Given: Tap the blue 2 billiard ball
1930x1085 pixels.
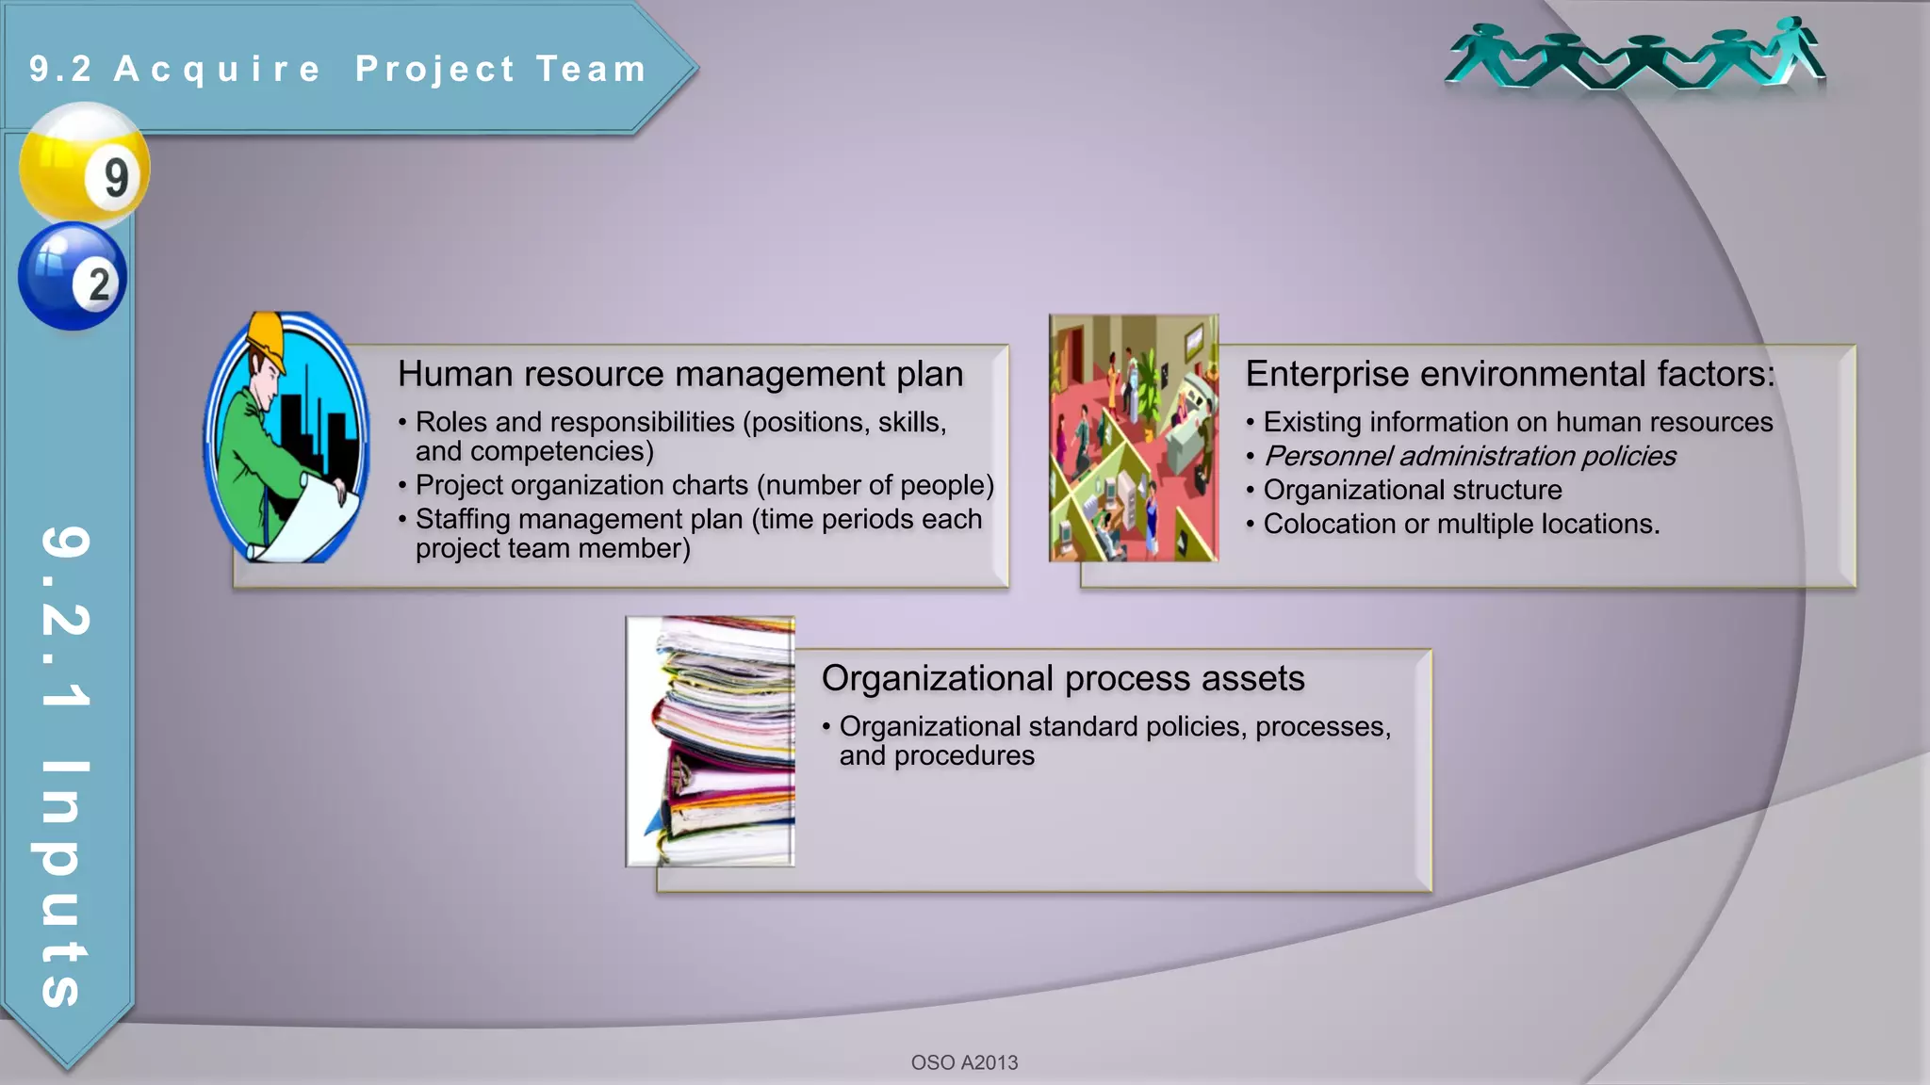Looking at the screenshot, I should (x=72, y=276).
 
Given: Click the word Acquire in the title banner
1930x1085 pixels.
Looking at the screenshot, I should (x=218, y=69).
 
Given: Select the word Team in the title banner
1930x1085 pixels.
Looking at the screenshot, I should (x=592, y=69).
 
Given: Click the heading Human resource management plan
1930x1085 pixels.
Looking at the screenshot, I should (x=679, y=374).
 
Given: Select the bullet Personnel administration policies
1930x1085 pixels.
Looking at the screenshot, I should (x=1469, y=456).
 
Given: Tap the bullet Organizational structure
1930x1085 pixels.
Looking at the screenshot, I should (x=1412, y=490).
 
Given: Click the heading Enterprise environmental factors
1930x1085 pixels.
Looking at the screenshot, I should (x=1509, y=374).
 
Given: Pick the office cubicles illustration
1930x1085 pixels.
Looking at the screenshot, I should (x=1134, y=438).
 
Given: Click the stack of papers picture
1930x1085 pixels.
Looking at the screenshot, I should (x=711, y=741).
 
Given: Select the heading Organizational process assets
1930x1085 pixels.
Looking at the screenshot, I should (x=1062, y=678).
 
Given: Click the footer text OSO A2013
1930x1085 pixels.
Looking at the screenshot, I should (x=964, y=1062).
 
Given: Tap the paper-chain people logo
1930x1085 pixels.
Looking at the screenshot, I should (x=1634, y=57).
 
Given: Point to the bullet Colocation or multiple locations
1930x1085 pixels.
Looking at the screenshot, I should (x=1461, y=524).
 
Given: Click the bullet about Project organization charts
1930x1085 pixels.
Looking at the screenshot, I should (x=704, y=485).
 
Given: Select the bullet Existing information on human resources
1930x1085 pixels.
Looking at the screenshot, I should (x=1517, y=422).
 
